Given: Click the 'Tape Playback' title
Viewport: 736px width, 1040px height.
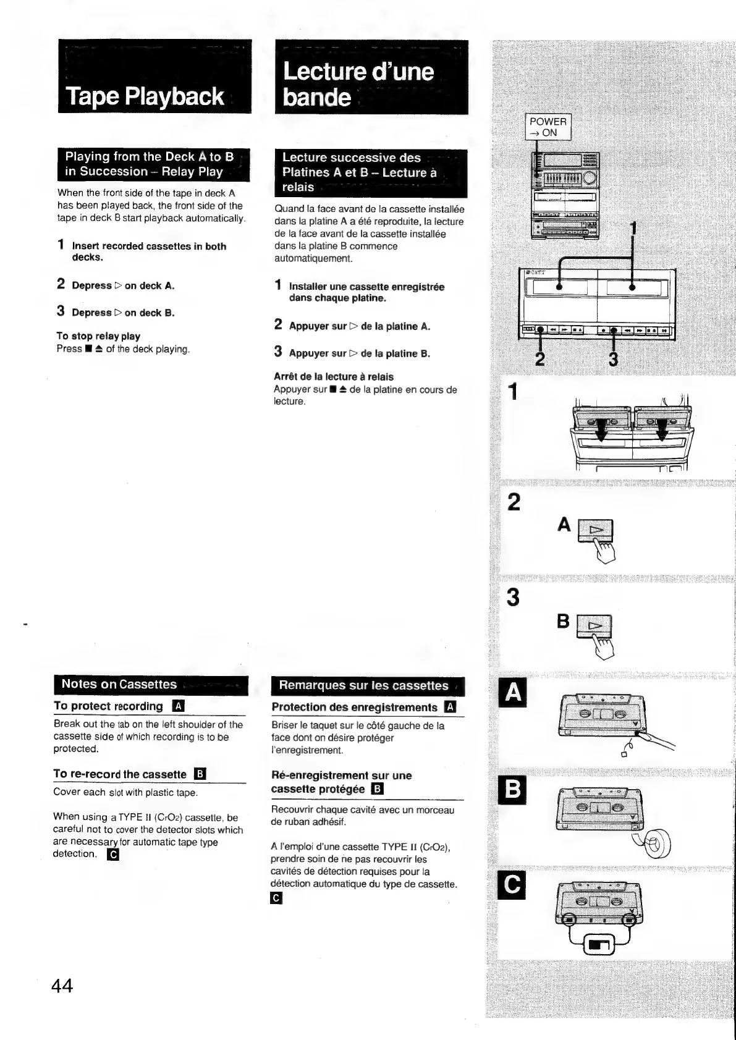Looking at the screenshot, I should [145, 96].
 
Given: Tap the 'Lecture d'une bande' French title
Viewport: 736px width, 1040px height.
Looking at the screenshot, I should [358, 84].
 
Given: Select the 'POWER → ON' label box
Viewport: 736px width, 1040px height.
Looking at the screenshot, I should [548, 127].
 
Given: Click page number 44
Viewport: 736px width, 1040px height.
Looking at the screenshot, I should [62, 986].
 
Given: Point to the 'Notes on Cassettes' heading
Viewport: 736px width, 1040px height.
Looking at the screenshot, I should [119, 684].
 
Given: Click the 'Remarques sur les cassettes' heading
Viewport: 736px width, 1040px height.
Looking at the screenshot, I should [363, 685].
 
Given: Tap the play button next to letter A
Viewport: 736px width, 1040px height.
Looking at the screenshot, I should [595, 530].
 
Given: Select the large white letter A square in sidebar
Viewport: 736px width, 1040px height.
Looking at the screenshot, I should [513, 693].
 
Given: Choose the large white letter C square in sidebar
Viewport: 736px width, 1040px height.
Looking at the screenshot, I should [513, 886].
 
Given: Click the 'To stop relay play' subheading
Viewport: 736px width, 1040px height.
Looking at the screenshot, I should [98, 336].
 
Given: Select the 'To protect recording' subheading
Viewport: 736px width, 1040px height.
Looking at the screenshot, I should [108, 706].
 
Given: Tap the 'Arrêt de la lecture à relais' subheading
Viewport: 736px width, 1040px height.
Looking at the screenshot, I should [334, 376].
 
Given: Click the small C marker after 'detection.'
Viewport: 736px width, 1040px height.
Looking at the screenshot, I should [112, 855].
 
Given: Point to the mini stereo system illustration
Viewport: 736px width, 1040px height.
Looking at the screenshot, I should [565, 197].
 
